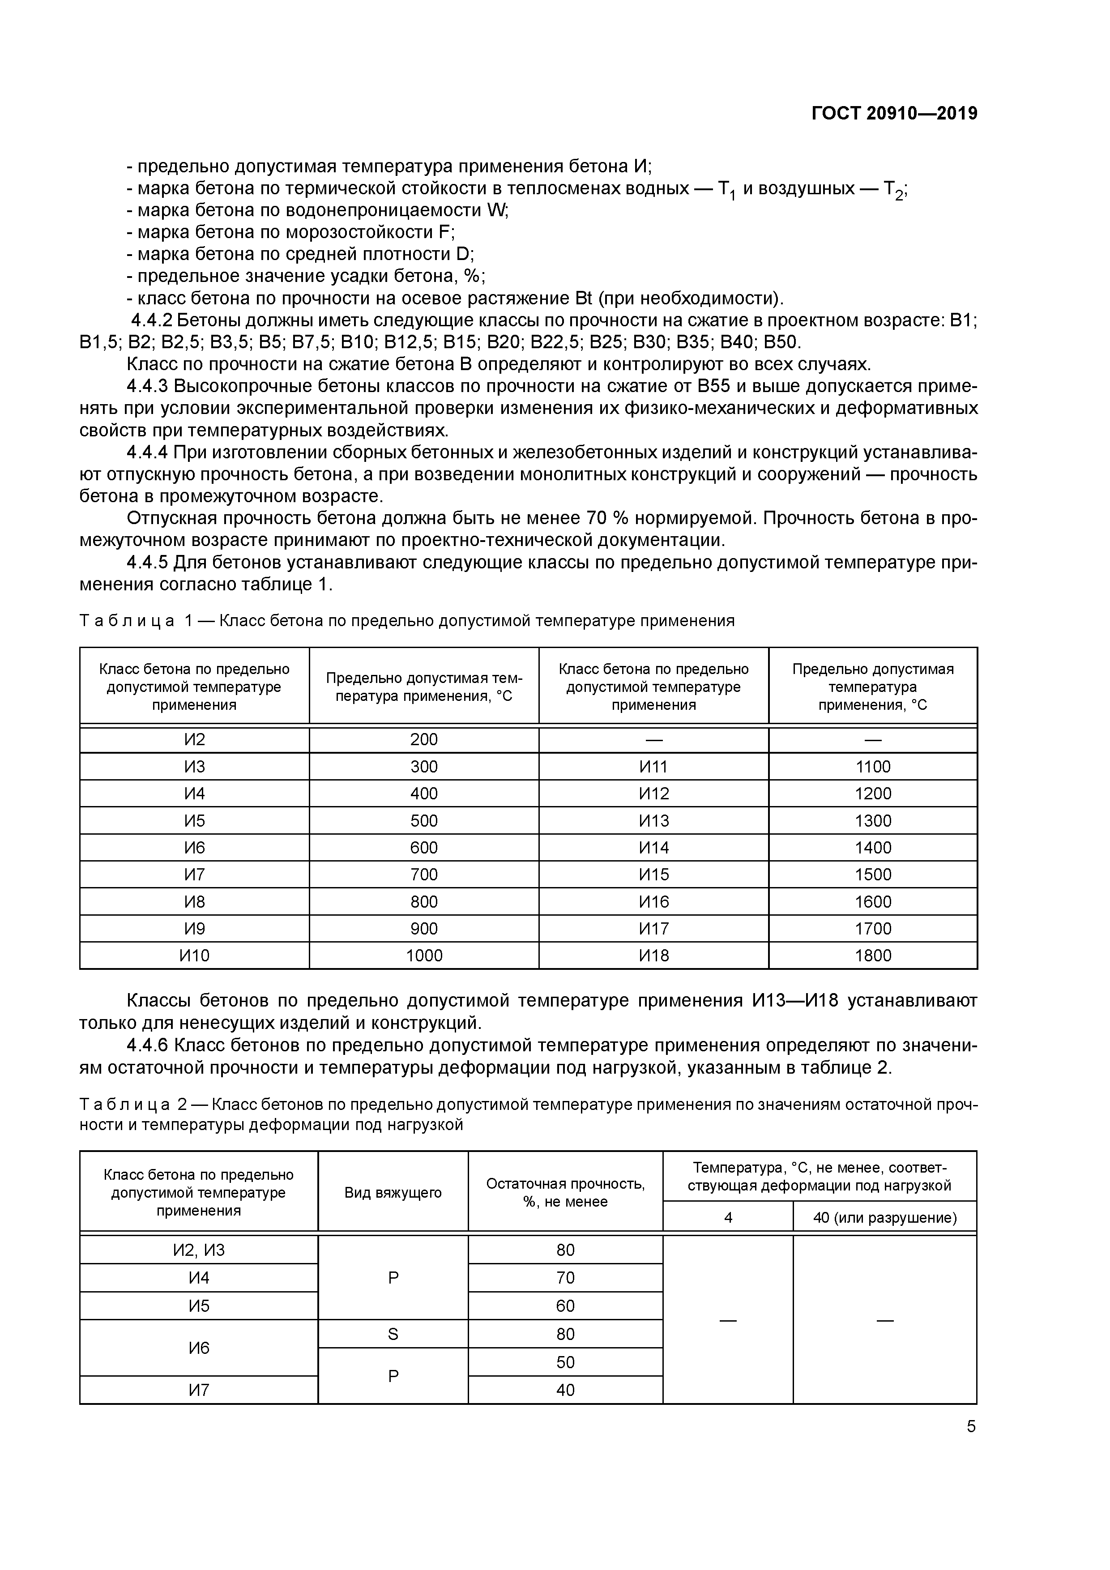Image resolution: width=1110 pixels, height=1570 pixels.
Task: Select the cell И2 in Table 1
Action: point(194,740)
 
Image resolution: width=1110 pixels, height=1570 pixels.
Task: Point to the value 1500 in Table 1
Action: point(873,875)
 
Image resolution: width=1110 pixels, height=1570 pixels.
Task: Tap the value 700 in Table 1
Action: point(424,875)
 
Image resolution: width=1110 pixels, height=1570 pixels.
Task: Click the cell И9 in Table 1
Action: point(194,929)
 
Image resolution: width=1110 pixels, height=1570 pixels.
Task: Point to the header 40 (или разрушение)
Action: point(884,1218)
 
